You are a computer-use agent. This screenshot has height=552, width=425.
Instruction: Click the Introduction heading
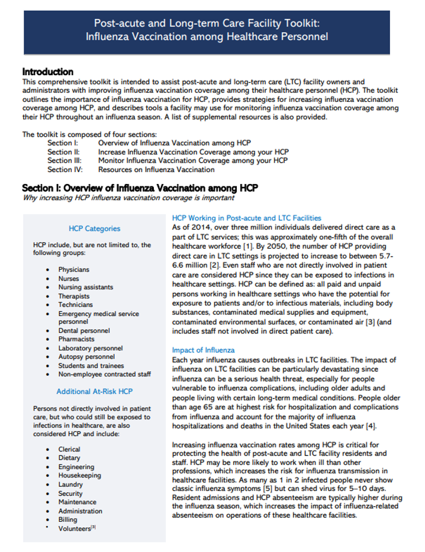coord(48,72)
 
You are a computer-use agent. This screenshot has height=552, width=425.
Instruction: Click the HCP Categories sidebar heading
coord(94,228)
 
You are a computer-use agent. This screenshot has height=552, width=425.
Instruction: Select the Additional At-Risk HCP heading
coord(94,391)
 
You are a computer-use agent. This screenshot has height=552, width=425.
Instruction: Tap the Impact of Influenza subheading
coord(203,350)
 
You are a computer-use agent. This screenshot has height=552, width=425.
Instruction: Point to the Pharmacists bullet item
coord(76,340)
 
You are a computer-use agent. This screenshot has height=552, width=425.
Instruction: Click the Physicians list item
coord(74,270)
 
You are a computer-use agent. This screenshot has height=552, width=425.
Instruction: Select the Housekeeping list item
coord(79,476)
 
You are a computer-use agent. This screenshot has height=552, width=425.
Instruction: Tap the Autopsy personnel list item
coord(86,357)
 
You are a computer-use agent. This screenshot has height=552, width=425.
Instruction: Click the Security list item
coord(70,493)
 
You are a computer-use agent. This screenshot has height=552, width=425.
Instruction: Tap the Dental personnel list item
coord(84,331)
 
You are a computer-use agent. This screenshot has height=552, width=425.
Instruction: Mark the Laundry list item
coord(70,485)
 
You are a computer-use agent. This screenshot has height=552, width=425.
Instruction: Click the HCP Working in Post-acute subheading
coord(246,218)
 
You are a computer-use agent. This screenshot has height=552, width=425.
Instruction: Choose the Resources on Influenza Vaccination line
coord(156,170)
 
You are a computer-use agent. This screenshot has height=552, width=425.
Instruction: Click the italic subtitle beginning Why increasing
coord(120,198)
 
